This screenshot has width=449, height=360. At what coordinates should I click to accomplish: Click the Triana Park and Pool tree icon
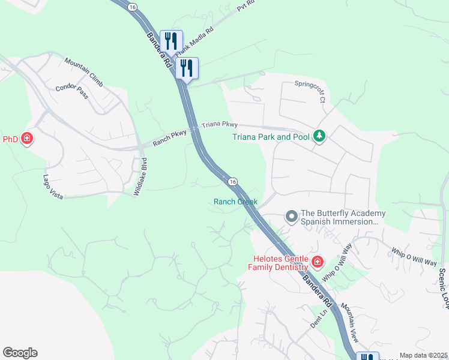pos(320,136)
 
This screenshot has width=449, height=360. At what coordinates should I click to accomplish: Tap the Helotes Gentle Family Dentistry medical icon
pos(317,262)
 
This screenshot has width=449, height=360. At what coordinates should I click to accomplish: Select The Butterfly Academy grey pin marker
pos(291,215)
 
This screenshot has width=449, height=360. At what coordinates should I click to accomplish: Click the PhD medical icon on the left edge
pos(26,139)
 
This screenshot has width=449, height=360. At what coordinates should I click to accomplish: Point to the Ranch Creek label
pos(235,202)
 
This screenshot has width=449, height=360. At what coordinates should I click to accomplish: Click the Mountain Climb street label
pos(84,70)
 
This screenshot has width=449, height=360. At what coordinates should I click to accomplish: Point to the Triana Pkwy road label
pos(220,125)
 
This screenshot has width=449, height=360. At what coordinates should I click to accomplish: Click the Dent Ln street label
pos(318,317)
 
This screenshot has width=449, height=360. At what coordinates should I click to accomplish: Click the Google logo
pos(20,352)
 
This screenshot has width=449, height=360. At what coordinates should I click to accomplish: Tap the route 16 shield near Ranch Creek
pos(232,181)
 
